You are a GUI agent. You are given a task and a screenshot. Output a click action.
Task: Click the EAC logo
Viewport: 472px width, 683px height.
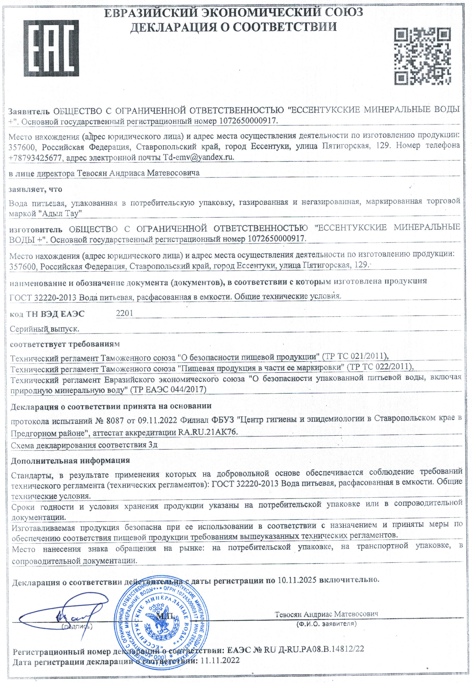(51, 48)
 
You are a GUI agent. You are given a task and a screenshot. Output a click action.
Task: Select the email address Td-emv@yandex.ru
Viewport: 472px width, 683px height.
(198, 157)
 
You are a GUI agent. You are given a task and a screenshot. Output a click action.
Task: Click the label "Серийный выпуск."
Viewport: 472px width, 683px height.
(44, 329)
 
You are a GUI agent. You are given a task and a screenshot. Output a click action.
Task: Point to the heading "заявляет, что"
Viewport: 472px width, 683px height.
(36, 189)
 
